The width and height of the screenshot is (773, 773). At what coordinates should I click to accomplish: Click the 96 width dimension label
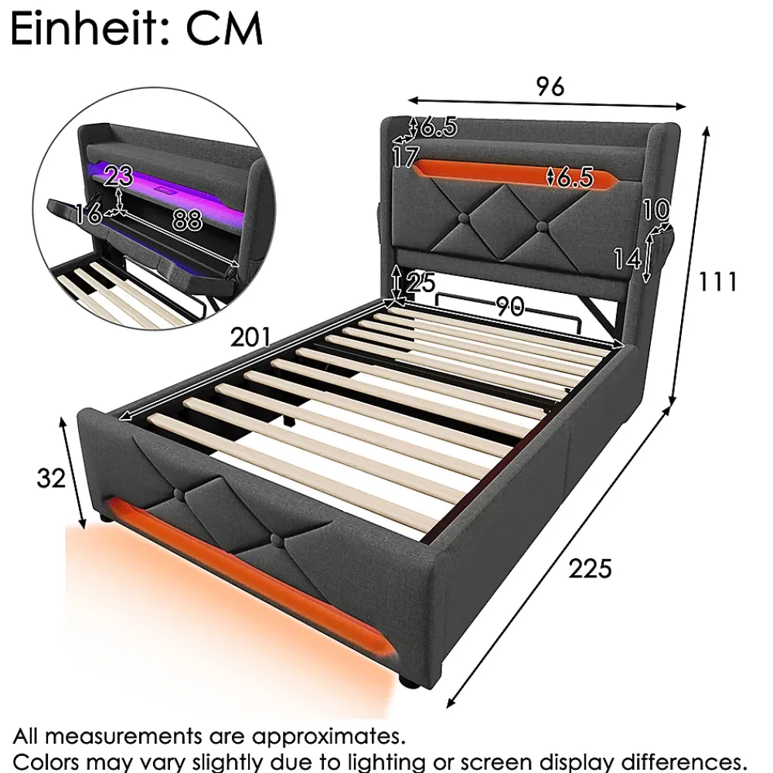[x=550, y=87]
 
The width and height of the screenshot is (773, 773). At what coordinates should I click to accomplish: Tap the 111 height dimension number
[x=718, y=282]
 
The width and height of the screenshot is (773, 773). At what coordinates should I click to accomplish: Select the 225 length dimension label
[x=590, y=568]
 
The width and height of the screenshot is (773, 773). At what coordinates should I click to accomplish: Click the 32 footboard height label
[x=51, y=478]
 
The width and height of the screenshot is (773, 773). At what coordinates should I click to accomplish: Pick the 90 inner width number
[x=509, y=307]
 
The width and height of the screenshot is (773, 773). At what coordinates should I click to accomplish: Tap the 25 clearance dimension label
[x=421, y=282]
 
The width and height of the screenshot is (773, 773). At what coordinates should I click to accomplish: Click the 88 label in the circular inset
[x=187, y=220]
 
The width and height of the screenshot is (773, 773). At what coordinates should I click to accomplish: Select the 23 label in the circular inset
[x=119, y=175]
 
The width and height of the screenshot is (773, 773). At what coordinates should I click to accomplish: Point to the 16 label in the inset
[x=89, y=213]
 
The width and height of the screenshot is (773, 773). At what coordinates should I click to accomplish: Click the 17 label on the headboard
[x=405, y=157]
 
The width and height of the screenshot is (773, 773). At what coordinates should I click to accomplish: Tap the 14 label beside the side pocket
[x=627, y=258]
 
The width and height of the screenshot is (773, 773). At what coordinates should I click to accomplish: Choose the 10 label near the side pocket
[x=656, y=209]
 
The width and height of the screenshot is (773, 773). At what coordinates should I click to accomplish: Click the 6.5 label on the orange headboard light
[x=574, y=177]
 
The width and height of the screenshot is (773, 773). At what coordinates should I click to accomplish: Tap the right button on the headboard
[x=543, y=226]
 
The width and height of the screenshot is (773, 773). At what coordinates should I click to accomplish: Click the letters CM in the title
[x=224, y=29]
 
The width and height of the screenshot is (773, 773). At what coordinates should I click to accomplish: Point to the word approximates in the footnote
[x=328, y=736]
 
